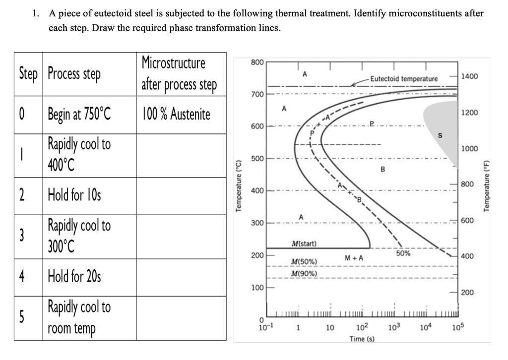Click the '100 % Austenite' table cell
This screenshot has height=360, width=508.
(176, 115)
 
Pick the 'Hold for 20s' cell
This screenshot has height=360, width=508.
(74, 275)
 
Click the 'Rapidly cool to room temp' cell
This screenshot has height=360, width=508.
(79, 318)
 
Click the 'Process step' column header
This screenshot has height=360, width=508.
(74, 74)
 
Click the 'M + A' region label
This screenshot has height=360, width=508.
(354, 258)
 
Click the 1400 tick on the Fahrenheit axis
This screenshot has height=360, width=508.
(469, 76)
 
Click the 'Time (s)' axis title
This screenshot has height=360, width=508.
(362, 339)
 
